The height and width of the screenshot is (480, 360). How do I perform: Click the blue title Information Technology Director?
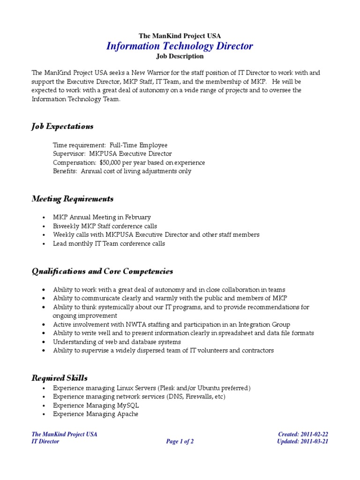(180, 46)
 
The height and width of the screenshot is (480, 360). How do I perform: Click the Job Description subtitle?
(180, 56)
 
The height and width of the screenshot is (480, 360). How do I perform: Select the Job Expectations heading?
(62, 127)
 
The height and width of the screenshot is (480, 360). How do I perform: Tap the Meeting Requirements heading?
(72, 199)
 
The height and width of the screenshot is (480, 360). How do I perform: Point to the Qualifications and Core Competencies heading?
(102, 271)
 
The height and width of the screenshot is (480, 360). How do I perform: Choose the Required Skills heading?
(60, 378)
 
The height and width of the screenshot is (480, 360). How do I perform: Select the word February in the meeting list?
(137, 217)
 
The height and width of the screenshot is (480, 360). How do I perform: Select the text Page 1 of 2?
(180, 442)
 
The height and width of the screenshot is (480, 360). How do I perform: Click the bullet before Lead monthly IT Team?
(43, 244)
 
